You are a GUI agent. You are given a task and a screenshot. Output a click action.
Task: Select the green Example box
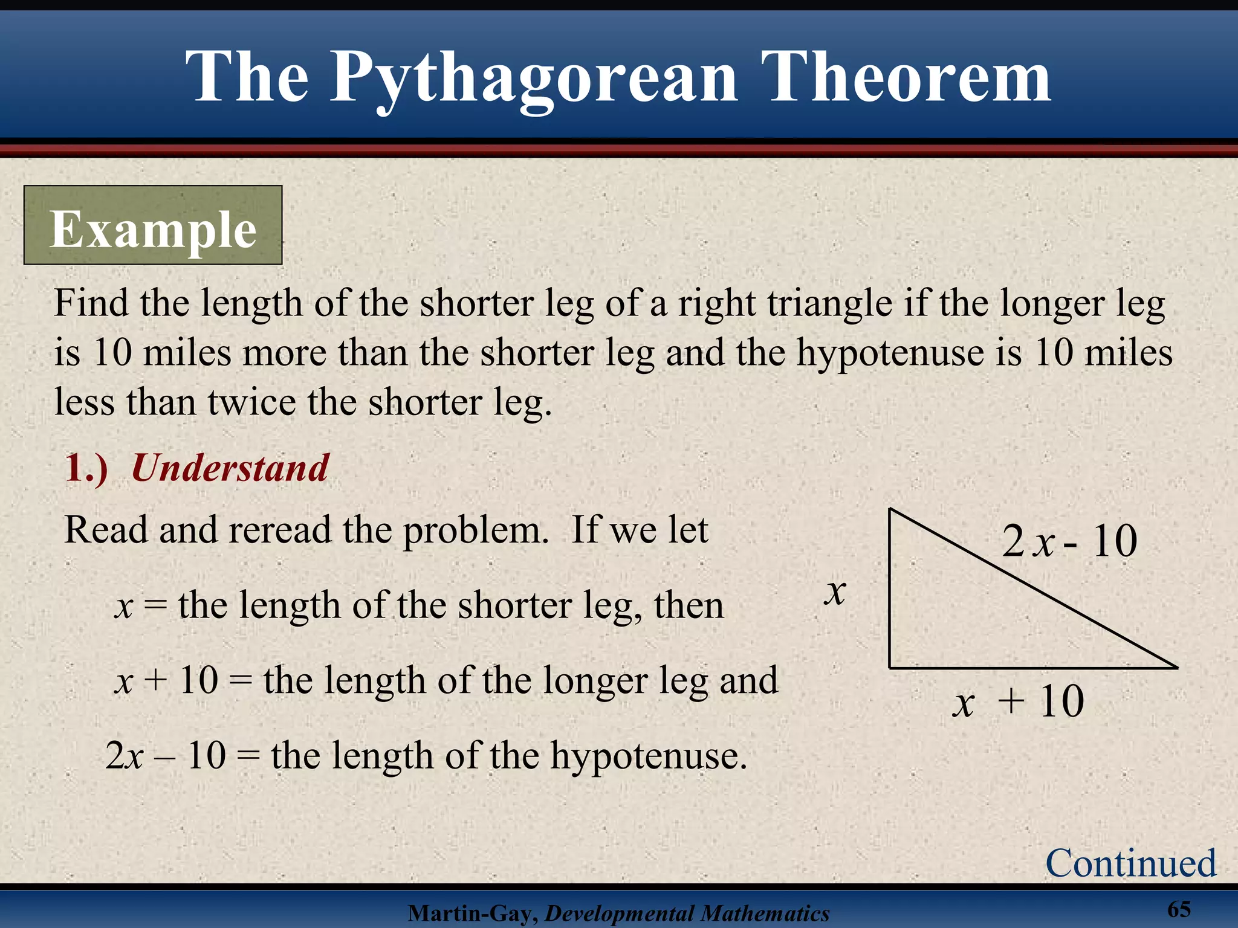(153, 225)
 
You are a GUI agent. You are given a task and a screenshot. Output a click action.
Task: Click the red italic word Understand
(230, 468)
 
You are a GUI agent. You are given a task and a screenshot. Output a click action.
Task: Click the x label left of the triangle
(835, 591)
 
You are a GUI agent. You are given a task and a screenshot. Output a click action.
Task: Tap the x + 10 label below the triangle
(1018, 702)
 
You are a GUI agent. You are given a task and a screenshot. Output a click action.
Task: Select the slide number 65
(1179, 909)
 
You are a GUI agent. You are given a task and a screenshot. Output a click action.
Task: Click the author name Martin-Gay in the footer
(472, 913)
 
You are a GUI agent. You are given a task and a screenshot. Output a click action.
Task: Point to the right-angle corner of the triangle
(890, 667)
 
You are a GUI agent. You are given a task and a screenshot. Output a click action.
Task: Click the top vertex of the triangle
(890, 510)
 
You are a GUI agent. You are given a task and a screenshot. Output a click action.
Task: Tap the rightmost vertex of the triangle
(1176, 667)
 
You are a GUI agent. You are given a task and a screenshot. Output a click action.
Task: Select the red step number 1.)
(86, 468)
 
